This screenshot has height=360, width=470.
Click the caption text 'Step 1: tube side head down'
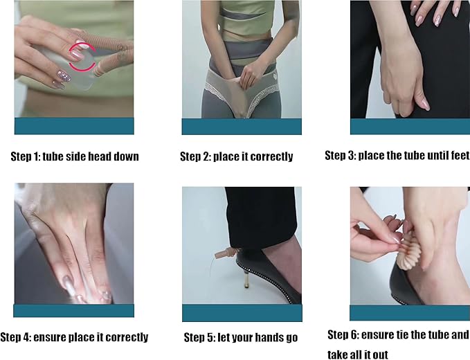click(75, 156)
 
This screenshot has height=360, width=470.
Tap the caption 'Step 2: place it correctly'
click(237, 156)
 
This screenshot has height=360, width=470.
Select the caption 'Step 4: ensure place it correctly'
click(74, 337)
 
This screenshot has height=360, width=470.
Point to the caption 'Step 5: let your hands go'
click(241, 337)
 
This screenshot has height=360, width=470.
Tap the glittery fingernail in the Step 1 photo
click(64, 76)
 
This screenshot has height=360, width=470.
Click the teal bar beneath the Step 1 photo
click(74, 126)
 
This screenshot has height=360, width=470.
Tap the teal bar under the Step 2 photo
click(242, 126)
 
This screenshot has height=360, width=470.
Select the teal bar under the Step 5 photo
click(242, 313)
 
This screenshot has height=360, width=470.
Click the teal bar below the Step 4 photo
click(74, 311)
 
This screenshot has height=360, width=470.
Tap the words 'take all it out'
click(358, 354)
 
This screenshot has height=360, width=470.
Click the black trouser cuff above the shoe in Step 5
click(260, 218)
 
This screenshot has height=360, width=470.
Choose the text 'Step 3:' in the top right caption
click(340, 155)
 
